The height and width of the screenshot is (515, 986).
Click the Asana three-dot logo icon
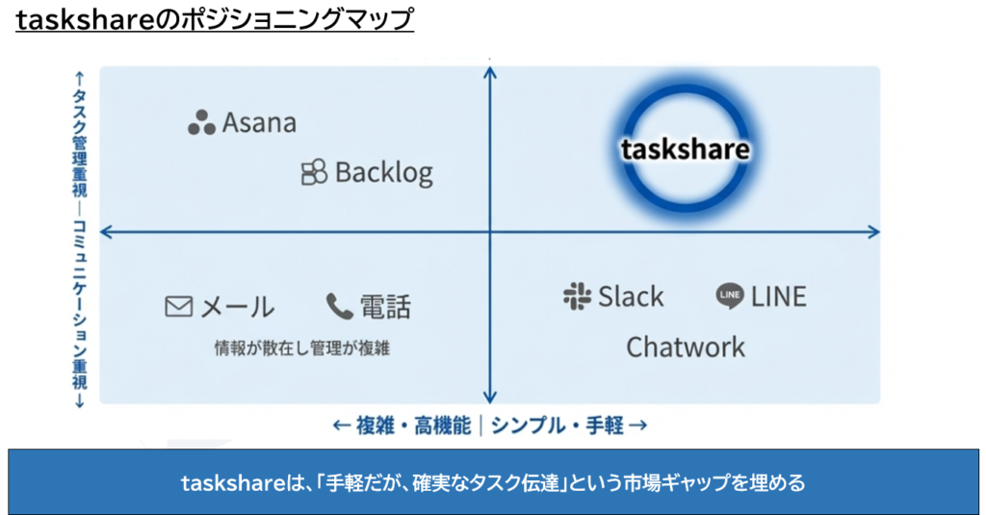pos(201,122)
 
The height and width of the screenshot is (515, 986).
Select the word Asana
pos(259,123)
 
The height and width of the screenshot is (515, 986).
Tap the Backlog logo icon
pos(314,172)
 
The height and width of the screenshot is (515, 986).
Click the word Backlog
pos(383,172)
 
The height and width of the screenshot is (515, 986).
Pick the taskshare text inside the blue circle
pos(685,150)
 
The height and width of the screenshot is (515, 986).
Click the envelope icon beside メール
pos(179,307)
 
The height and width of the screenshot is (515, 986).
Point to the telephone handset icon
pos(339,307)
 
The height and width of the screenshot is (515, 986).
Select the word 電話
pos(385,307)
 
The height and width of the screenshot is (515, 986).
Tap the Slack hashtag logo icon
pos(577,296)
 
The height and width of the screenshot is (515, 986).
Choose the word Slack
pos(631,296)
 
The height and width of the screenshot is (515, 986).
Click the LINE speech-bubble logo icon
pos(730,296)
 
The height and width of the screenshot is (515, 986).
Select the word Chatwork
pos(686,347)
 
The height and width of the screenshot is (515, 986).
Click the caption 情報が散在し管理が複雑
pos(301,348)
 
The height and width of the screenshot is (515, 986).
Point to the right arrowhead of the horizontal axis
pos(873,231)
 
